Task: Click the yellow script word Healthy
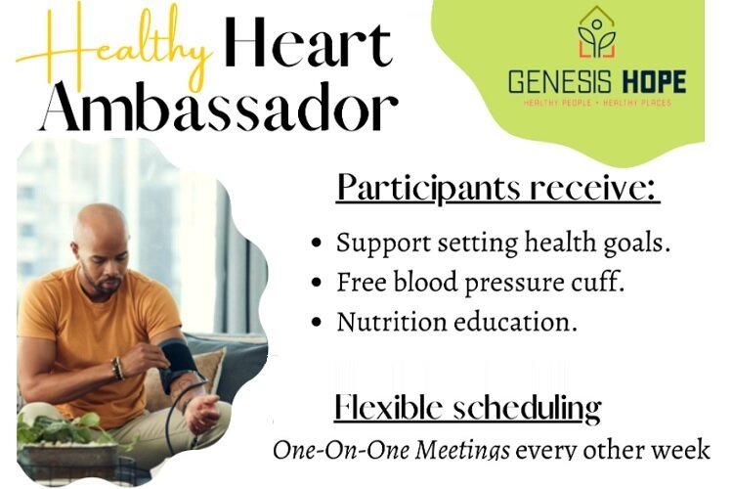pos(113,43)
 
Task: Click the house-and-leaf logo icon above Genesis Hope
pos(597,35)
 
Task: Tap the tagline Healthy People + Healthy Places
pos(597,102)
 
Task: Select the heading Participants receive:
pos(497,186)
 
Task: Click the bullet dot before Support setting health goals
pos(317,244)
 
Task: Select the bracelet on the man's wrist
pos(118,369)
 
